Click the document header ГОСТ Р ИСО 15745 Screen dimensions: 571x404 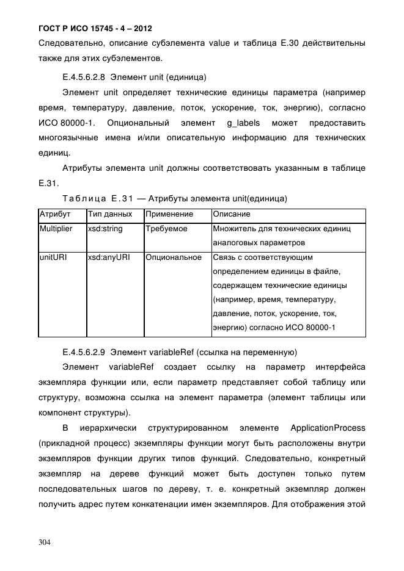pos(95,29)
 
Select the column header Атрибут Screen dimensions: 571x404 pos(55,215)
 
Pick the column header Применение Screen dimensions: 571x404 pos(169,215)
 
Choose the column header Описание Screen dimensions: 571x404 pos(232,215)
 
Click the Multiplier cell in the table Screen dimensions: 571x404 pos(56,229)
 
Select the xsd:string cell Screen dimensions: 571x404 pos(105,229)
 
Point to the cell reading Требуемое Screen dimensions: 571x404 pos(166,229)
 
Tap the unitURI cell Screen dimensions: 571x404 pos(53,257)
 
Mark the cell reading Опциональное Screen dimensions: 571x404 pos(174,257)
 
